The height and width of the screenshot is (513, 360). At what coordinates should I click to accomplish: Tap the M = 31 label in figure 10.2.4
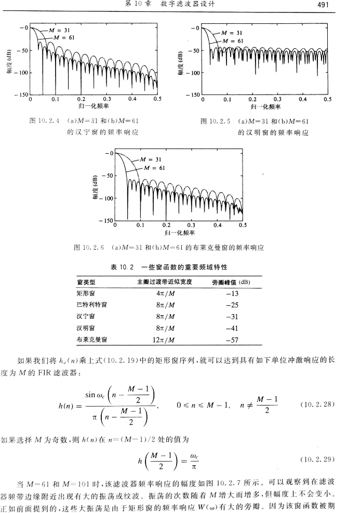(60, 30)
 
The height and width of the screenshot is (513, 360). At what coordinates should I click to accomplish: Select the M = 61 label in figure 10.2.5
(233, 40)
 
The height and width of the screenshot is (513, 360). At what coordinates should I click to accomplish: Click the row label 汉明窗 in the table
(85, 328)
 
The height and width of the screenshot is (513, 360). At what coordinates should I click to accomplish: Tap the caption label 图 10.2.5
(214, 122)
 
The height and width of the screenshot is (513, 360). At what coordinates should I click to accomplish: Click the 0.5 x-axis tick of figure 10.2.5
(327, 99)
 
